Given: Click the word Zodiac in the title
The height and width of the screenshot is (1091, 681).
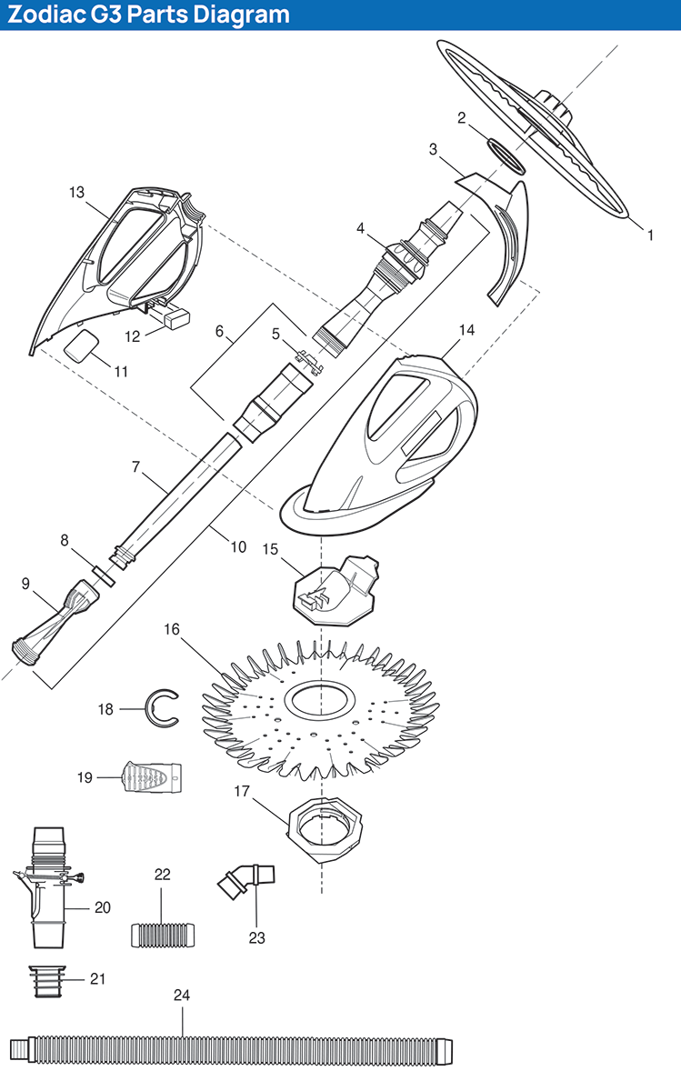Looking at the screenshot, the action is click(x=46, y=15).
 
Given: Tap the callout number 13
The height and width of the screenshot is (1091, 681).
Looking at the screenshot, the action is click(x=77, y=192).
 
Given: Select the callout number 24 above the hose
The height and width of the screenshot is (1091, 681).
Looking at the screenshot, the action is click(x=182, y=995).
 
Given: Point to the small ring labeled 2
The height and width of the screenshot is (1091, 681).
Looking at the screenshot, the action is click(x=506, y=155).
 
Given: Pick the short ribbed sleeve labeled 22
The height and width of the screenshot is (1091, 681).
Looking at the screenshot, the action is click(x=163, y=936).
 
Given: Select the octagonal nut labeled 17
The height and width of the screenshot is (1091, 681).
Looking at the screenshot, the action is click(x=325, y=829).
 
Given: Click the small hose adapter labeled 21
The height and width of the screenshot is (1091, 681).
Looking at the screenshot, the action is click(x=47, y=981).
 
